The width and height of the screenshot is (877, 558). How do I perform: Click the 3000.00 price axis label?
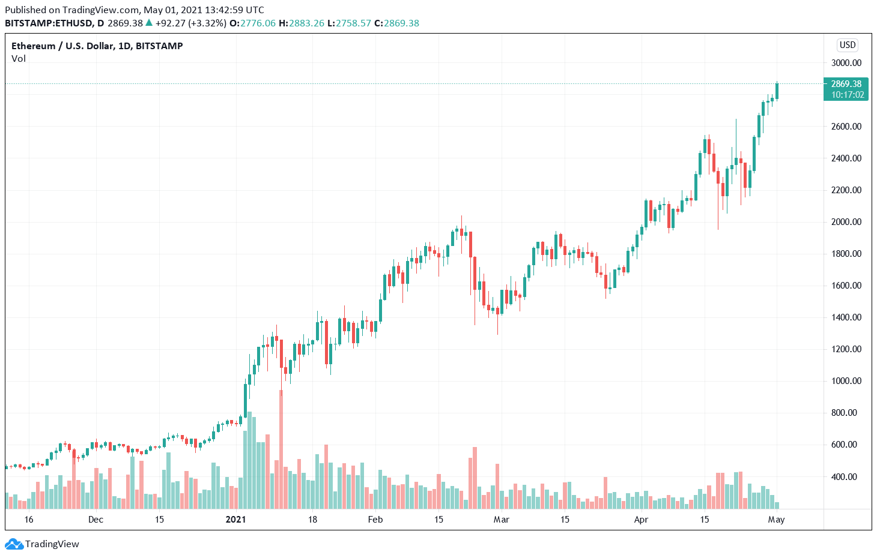pyautogui.click(x=846, y=63)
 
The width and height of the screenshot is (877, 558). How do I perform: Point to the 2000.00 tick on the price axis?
pyautogui.click(x=846, y=222)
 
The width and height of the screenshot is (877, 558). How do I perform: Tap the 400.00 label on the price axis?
pyautogui.click(x=846, y=477)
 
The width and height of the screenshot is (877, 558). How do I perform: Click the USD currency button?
pyautogui.click(x=848, y=45)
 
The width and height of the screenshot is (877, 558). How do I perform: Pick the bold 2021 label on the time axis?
pyautogui.click(x=235, y=520)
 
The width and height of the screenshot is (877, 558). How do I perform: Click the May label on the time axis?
pyautogui.click(x=776, y=520)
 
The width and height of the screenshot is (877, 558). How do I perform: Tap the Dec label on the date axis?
pyautogui.click(x=96, y=520)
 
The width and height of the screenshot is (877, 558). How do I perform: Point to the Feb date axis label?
pyautogui.click(x=375, y=520)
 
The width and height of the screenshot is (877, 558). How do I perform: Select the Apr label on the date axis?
pyautogui.click(x=641, y=520)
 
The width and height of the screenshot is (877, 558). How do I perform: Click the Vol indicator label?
pyautogui.click(x=19, y=59)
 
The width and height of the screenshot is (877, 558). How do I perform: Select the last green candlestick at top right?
pyautogui.click(x=777, y=91)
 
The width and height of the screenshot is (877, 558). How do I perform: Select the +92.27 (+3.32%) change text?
pyautogui.click(x=190, y=23)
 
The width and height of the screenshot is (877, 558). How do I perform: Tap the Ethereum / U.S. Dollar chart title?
pyautogui.click(x=97, y=46)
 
